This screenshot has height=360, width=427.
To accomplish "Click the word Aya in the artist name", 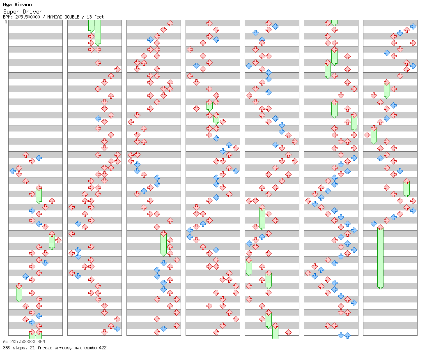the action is [8, 5].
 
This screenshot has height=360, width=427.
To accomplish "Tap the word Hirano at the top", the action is [23, 5].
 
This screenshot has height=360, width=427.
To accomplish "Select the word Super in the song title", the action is [11, 12].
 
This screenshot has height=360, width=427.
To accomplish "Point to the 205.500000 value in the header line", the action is [28, 17].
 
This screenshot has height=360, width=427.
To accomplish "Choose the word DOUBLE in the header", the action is [71, 17].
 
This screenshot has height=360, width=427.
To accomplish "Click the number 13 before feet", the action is [89, 17].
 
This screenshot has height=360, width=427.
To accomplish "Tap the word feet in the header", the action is [99, 17].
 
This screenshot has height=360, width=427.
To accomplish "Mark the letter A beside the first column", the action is [6, 22].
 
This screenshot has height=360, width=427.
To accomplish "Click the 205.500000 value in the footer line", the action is [23, 342].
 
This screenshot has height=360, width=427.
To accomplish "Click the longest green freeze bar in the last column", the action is [381, 257].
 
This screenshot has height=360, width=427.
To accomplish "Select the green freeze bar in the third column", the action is [163, 244].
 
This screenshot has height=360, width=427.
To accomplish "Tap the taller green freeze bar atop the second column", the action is [98, 32].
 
